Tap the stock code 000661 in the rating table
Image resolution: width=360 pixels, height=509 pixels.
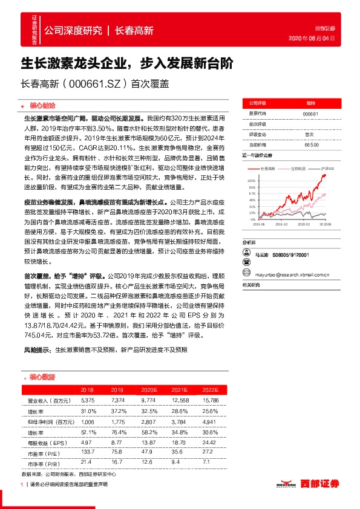310,114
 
